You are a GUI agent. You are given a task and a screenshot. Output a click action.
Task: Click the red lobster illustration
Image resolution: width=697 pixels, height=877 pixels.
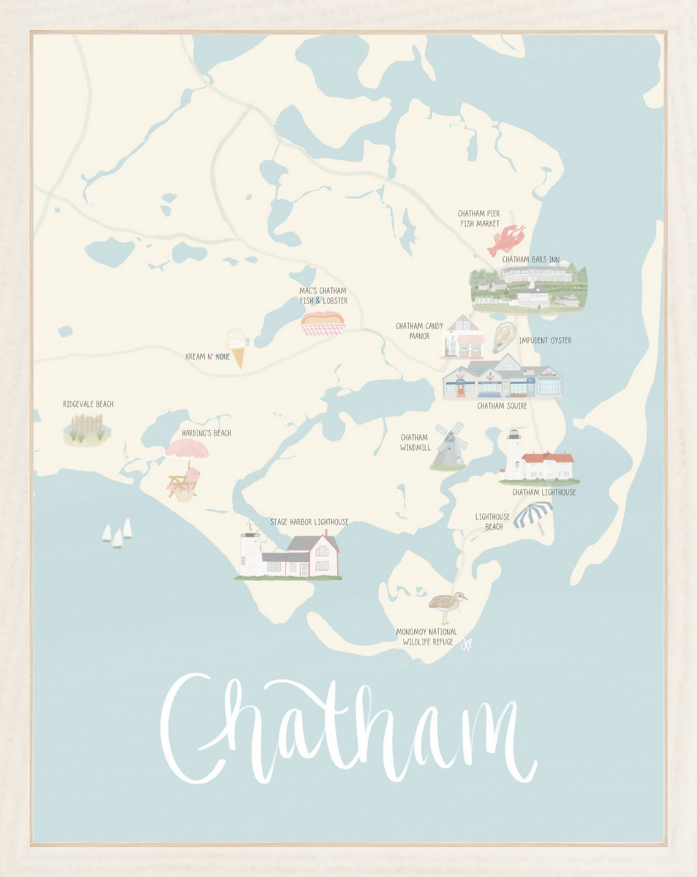[x=505, y=240]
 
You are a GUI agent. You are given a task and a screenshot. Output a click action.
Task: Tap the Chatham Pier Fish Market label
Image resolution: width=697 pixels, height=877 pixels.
[x=479, y=219]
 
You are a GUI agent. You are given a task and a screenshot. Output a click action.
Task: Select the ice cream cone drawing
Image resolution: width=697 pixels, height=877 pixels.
[x=236, y=346]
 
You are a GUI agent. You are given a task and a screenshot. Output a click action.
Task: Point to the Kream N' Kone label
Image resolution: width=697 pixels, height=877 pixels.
[x=208, y=357]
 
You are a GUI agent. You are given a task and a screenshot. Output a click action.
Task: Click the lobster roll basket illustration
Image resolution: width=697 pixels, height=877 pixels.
[x=323, y=323]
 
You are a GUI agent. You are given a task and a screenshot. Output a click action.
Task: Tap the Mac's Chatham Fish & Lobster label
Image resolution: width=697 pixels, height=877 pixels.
[x=323, y=295]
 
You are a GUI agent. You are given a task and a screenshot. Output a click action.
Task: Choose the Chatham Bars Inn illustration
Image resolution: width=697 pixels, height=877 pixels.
[x=529, y=286]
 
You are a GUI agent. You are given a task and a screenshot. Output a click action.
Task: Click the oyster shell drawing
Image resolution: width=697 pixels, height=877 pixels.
[x=503, y=337]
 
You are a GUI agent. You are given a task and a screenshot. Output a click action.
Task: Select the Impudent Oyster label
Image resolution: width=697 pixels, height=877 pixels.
[x=545, y=341]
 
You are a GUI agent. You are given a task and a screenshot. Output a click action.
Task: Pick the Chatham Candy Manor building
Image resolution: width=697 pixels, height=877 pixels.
[x=463, y=338]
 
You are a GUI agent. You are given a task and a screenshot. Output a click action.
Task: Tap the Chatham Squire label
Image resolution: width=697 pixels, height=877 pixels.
[x=502, y=406]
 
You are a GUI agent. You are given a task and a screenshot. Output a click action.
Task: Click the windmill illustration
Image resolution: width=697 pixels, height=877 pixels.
[x=448, y=445]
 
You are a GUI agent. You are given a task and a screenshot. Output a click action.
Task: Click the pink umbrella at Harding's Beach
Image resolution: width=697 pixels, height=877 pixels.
[x=187, y=450]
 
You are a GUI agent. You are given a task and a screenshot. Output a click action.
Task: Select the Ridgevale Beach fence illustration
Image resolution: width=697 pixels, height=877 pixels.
[x=87, y=428]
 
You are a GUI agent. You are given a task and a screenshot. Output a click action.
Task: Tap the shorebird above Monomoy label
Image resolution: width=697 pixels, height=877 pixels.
[x=446, y=605]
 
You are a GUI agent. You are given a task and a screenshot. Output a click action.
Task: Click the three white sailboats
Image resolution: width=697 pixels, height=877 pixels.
[x=117, y=533]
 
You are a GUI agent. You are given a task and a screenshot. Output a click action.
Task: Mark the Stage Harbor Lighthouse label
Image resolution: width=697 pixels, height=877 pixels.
[x=309, y=522]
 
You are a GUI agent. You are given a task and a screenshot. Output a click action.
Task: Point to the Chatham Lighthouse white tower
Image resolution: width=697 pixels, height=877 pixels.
[x=513, y=454]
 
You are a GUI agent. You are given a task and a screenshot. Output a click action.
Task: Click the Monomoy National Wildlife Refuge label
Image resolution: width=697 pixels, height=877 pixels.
[x=426, y=637]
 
